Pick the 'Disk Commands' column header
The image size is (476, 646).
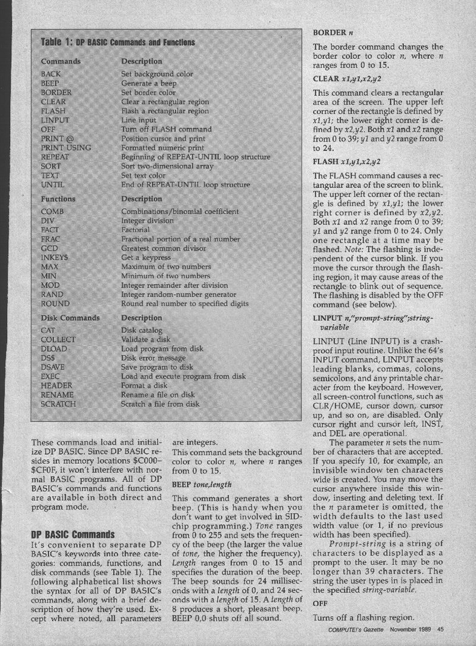click(x=70, y=318)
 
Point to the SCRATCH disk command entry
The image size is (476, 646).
click(x=58, y=404)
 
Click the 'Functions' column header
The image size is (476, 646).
click(x=58, y=199)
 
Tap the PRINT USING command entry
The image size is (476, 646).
click(x=66, y=146)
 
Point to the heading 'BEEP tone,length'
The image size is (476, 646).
click(x=203, y=484)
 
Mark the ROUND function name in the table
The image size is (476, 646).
click(x=55, y=303)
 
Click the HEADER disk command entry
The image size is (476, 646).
click(x=57, y=385)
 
